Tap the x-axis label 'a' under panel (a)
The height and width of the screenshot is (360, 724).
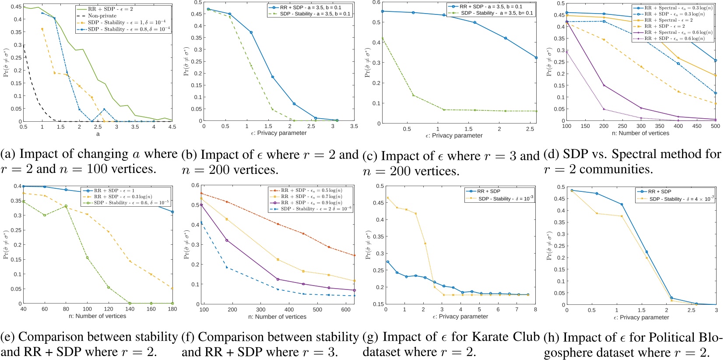pyautogui.click(x=98, y=134)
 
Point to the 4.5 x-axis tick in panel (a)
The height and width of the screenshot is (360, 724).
pyautogui.click(x=172, y=127)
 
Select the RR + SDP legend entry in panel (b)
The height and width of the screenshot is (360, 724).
pyautogui.click(x=310, y=7)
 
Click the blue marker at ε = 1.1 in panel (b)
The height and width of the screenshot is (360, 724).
pyautogui.click(x=251, y=32)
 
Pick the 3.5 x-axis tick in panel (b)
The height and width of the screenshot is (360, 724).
pyautogui.click(x=354, y=126)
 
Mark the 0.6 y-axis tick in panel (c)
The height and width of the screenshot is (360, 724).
pyautogui.click(x=376, y=3)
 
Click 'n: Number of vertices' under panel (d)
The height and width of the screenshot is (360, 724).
pyautogui.click(x=640, y=133)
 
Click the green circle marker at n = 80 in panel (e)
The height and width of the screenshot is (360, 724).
pyautogui.click(x=66, y=206)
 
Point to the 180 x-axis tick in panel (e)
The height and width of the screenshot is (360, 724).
pyautogui.click(x=172, y=309)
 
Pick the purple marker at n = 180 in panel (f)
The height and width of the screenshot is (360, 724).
pyautogui.click(x=227, y=240)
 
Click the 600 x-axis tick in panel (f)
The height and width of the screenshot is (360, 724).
pyautogui.click(x=346, y=310)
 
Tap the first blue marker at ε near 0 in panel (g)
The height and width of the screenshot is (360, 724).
pyautogui.click(x=387, y=262)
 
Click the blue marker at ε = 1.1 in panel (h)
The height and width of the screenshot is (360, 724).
pyautogui.click(x=622, y=205)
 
